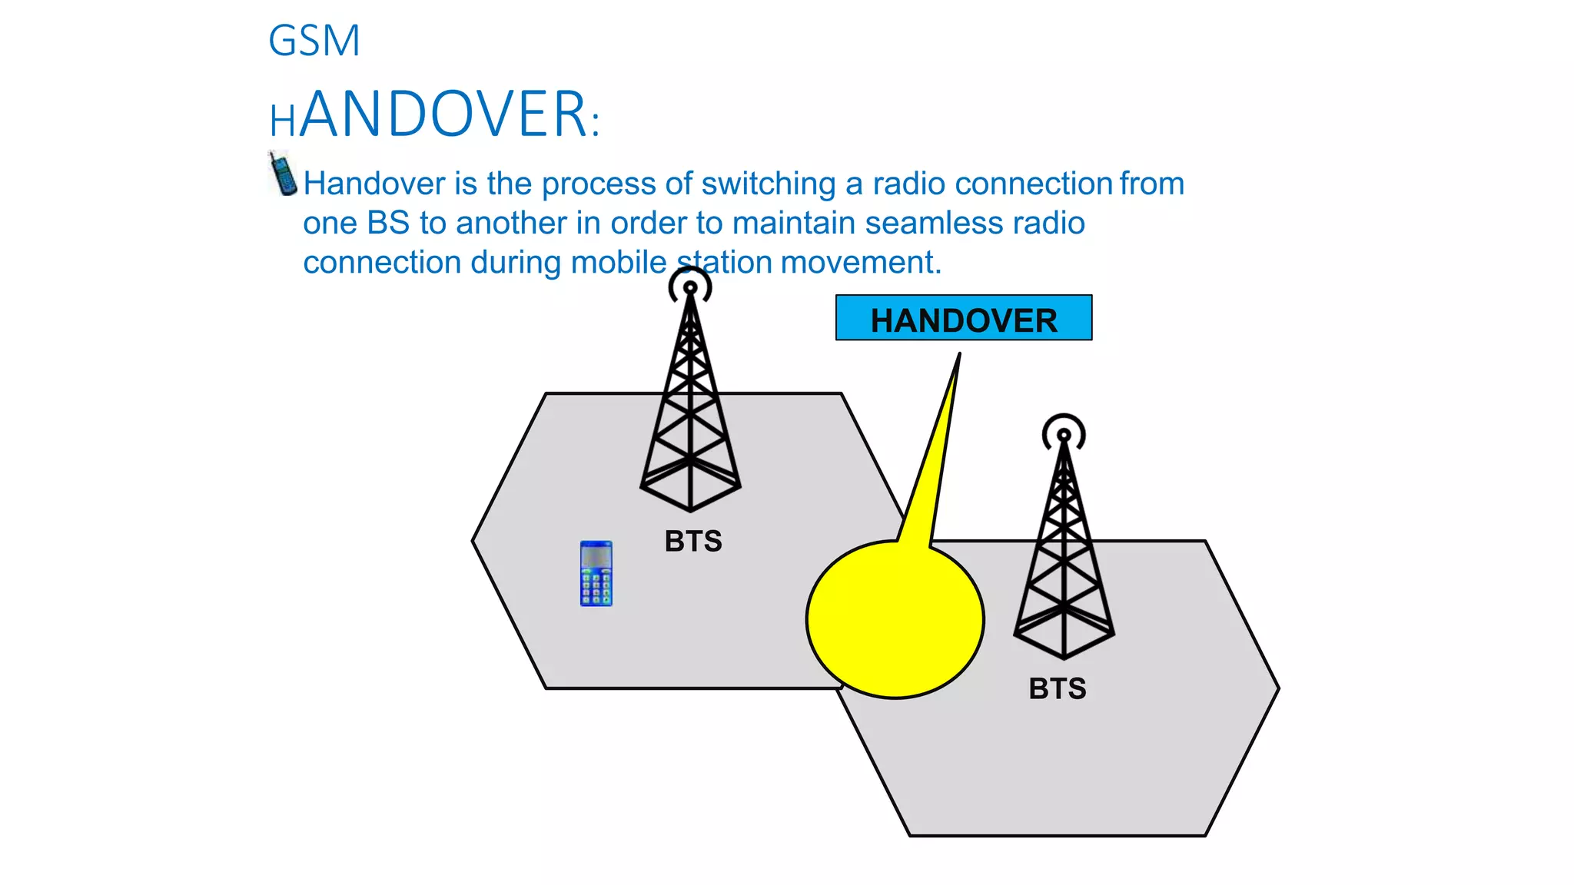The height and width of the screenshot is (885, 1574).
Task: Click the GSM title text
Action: point(314,41)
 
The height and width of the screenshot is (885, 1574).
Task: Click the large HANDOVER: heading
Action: point(434,115)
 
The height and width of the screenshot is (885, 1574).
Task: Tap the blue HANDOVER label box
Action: point(963,318)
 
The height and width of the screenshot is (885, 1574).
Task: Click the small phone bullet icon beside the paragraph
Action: point(283,174)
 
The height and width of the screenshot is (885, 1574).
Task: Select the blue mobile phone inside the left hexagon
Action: point(596,574)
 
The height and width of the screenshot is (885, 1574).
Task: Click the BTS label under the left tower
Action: point(693,542)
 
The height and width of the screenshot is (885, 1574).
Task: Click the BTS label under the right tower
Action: point(1058,689)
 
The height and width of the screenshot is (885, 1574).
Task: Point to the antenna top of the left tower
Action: point(690,288)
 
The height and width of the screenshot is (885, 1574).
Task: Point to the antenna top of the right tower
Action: point(1064,436)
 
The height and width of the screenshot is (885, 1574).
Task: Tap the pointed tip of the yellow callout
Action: point(959,355)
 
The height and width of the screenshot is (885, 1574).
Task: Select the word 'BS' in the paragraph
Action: point(388,224)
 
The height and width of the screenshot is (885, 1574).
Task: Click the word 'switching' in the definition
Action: point(768,184)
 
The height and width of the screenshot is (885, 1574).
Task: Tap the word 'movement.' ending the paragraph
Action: point(861,263)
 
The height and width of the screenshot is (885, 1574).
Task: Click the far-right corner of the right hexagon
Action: point(1277,689)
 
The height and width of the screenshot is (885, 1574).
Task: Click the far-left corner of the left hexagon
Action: point(473,542)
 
